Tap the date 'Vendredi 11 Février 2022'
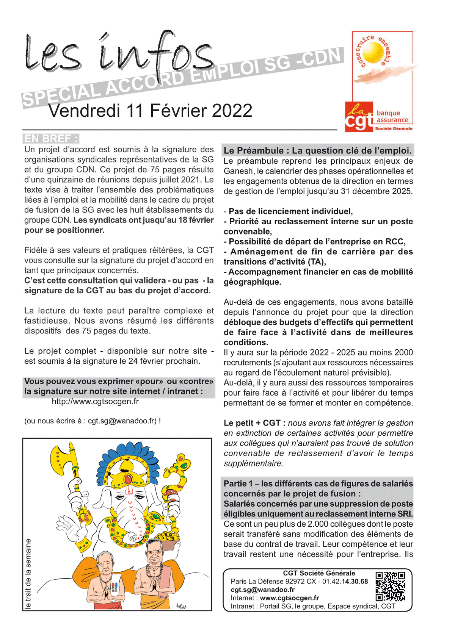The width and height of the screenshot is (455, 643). pos(150,111)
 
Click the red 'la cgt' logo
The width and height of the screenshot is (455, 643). pos(358,117)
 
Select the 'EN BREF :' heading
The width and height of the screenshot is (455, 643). pos(51,138)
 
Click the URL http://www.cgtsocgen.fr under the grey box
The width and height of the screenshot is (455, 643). pos(95,401)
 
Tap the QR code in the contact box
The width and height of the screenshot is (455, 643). pos(390,587)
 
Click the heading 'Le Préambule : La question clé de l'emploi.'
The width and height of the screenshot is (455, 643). pos(317,150)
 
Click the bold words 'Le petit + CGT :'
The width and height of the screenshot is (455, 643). pos(254,423)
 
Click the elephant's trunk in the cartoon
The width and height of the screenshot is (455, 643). pos(133,519)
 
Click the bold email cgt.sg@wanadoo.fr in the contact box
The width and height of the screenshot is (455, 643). pos(262,590)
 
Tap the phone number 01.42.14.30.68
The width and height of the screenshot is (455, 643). pos(345,581)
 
